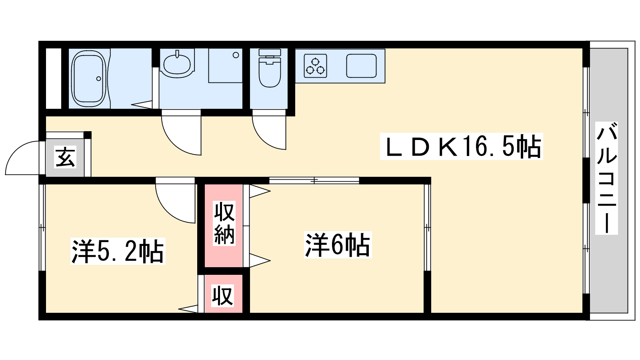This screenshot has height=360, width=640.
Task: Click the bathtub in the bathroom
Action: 88,78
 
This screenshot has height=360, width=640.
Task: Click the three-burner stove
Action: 315,66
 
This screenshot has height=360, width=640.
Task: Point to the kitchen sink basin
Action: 361,66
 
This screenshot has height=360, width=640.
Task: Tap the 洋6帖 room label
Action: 338,245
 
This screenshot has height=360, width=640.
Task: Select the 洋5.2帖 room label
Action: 118,251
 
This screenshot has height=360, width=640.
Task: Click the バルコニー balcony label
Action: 606,178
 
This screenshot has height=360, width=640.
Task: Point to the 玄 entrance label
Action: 65,157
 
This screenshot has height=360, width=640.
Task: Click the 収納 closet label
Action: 224,223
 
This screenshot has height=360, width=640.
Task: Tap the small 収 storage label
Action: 222,296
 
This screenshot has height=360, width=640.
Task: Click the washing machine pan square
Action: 225,66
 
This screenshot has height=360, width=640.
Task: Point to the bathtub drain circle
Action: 98,78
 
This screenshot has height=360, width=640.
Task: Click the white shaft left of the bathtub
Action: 53,78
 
